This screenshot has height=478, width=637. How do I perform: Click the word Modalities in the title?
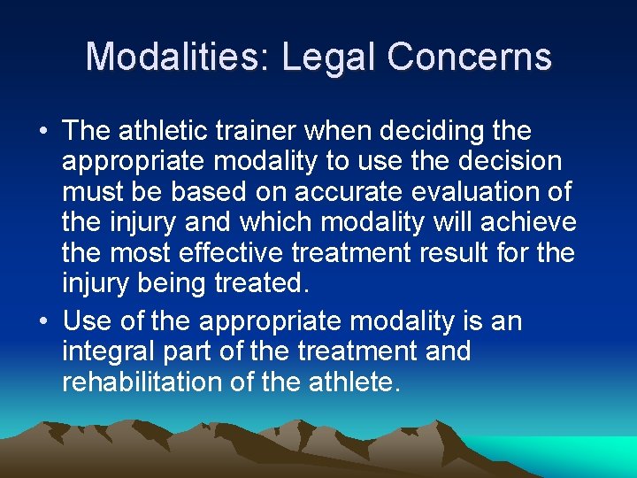179,58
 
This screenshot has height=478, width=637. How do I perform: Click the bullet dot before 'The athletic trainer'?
43,133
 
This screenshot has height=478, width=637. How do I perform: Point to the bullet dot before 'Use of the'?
43,321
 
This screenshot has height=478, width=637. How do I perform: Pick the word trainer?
263,132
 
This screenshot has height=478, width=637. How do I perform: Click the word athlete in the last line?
354,383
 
